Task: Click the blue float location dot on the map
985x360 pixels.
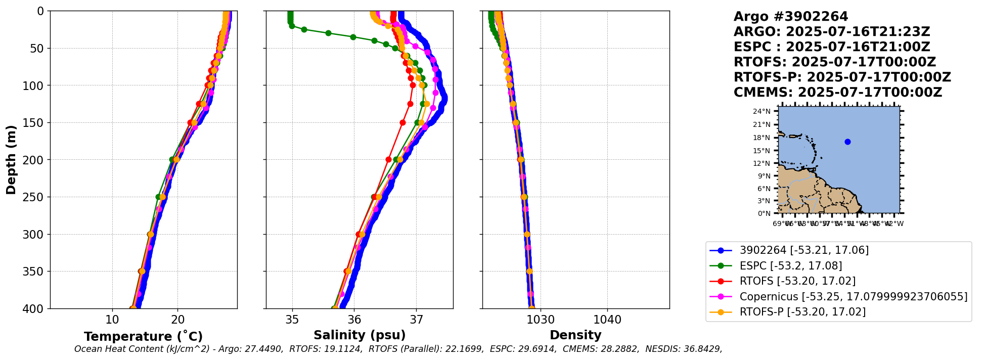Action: click(x=847, y=142)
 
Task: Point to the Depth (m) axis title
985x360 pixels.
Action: click(x=11, y=159)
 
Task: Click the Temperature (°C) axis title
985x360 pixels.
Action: click(x=143, y=336)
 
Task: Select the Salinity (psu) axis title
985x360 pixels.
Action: click(x=360, y=335)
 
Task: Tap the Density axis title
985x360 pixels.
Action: click(x=575, y=335)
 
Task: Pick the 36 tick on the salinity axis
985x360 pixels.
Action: click(x=354, y=320)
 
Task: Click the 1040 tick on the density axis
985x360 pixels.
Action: click(x=607, y=320)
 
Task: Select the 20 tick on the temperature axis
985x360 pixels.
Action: click(x=177, y=320)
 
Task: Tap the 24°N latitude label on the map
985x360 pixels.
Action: click(x=762, y=111)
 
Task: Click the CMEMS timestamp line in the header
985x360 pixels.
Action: click(x=838, y=93)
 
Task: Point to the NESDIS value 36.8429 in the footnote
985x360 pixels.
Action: click(x=700, y=349)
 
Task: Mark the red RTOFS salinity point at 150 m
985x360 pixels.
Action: click(x=402, y=122)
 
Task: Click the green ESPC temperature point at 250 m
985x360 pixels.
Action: click(x=158, y=197)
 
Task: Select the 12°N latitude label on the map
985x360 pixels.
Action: click(x=762, y=163)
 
